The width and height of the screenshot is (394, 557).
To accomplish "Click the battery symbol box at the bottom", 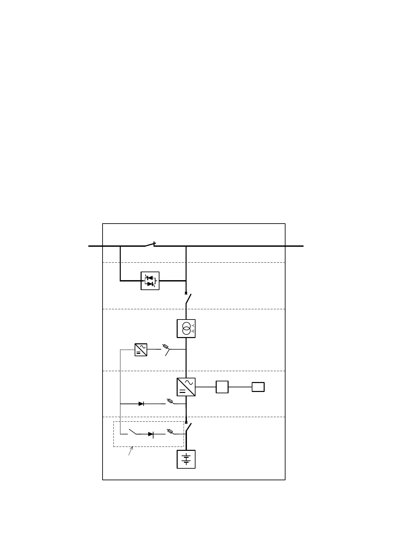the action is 186,459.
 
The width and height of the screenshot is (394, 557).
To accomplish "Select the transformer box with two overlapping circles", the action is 186,328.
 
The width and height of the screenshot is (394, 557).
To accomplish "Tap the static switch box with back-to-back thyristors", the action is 150,281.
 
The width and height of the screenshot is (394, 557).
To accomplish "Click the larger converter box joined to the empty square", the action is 186,387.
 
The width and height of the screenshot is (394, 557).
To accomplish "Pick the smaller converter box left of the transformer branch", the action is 141,350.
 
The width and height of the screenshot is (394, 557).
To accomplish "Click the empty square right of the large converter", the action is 222,387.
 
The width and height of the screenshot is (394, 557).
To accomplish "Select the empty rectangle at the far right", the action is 258,387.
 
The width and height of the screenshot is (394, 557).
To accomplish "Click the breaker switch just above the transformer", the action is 188,299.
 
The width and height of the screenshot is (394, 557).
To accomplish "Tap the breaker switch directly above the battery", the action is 188,427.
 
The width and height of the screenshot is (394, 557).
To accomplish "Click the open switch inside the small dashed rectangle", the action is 133,432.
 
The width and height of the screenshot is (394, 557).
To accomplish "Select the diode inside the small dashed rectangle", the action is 151,434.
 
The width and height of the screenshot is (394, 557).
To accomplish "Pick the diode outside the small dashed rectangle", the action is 141,404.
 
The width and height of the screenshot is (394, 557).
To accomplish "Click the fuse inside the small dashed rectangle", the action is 170,431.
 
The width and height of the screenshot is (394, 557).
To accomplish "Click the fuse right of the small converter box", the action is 165,347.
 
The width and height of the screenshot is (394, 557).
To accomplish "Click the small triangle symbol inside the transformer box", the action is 193,331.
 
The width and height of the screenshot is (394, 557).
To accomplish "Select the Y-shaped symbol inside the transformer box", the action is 193,326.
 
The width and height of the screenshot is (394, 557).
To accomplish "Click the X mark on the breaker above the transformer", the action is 186,293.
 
